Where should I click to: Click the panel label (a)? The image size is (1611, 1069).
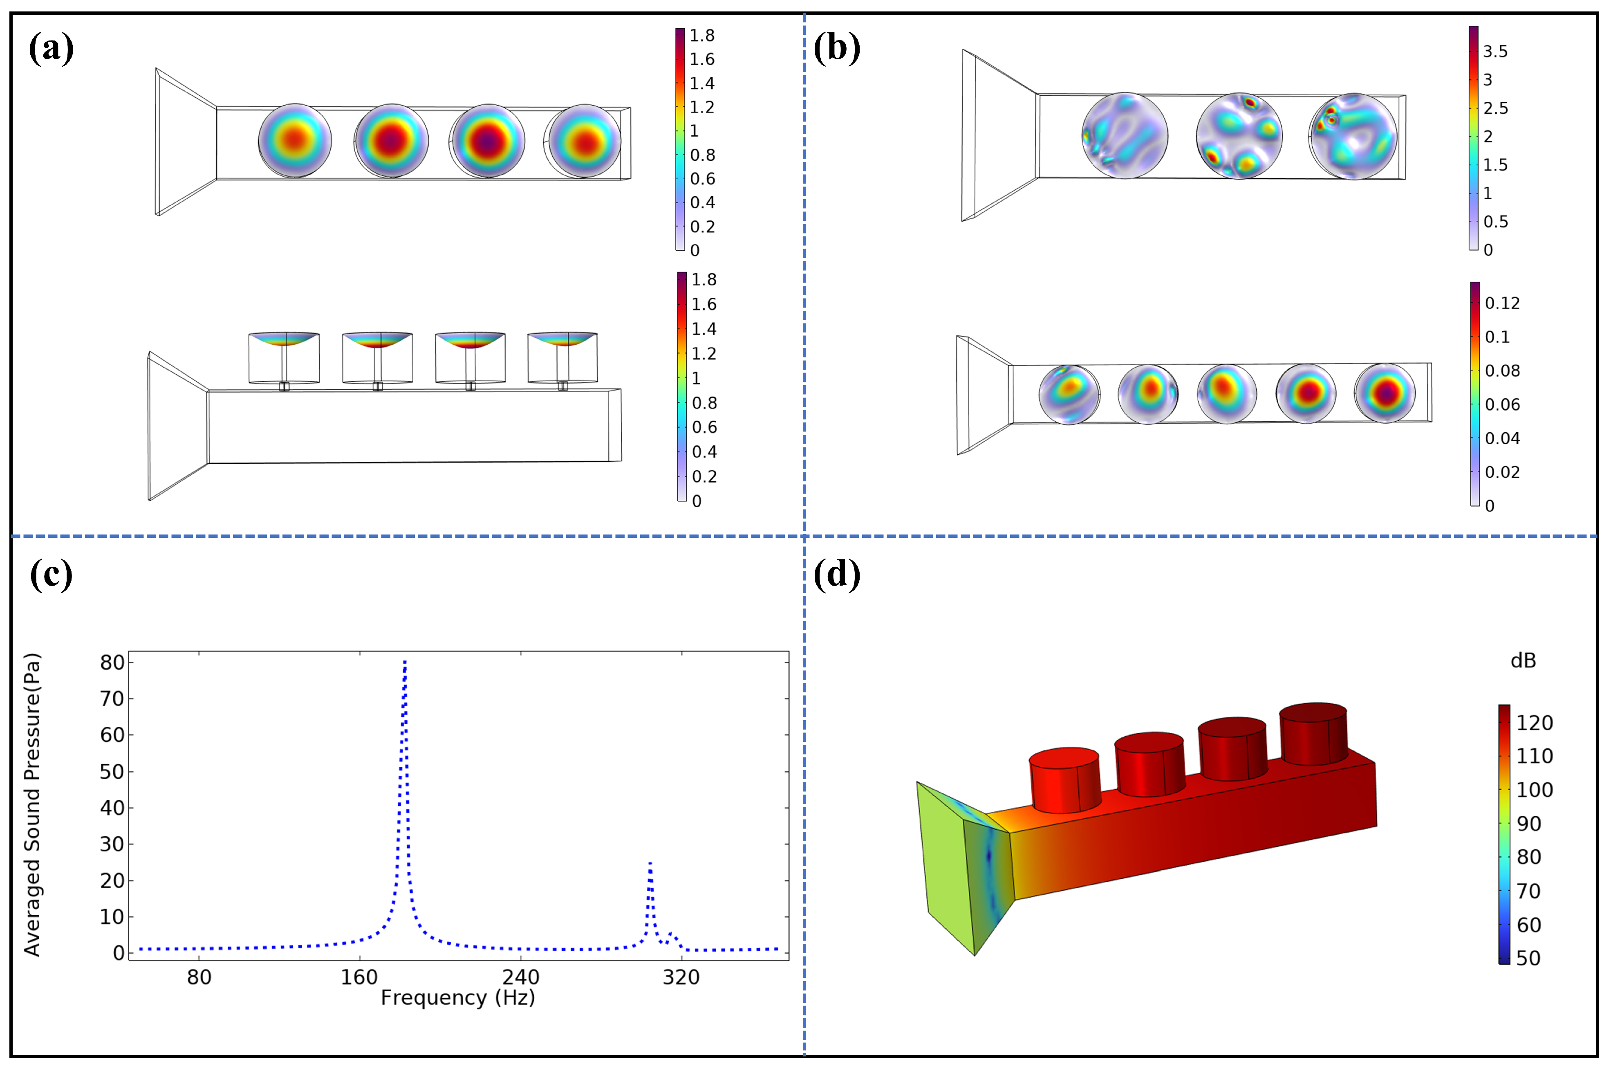(x=51, y=49)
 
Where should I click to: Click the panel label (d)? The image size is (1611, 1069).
(x=836, y=575)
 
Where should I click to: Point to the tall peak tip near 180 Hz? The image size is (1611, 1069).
(x=405, y=661)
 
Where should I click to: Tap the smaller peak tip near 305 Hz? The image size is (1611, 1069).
(x=650, y=863)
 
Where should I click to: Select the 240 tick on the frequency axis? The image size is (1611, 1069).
(x=521, y=977)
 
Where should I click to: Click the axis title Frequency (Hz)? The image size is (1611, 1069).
(x=457, y=997)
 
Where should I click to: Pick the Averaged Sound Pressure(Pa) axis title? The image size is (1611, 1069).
(x=32, y=804)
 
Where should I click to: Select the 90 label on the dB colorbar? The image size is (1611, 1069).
(x=1528, y=824)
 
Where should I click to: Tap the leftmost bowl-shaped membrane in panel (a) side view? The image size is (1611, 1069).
(x=284, y=339)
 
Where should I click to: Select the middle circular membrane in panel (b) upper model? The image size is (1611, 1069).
(x=1239, y=136)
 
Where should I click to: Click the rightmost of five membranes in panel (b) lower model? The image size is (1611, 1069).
(x=1385, y=393)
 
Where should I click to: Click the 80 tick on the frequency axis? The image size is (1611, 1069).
(x=199, y=977)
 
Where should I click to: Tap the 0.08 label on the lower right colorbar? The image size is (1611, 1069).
(x=1502, y=371)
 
